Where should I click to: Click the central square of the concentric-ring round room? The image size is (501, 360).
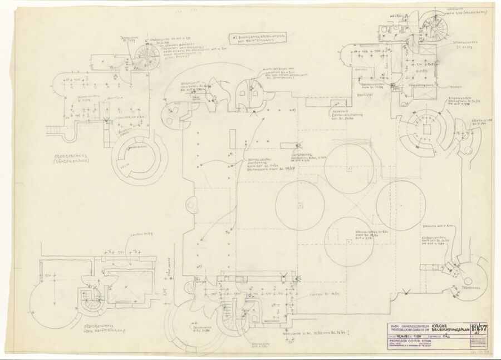[x=427, y=130]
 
